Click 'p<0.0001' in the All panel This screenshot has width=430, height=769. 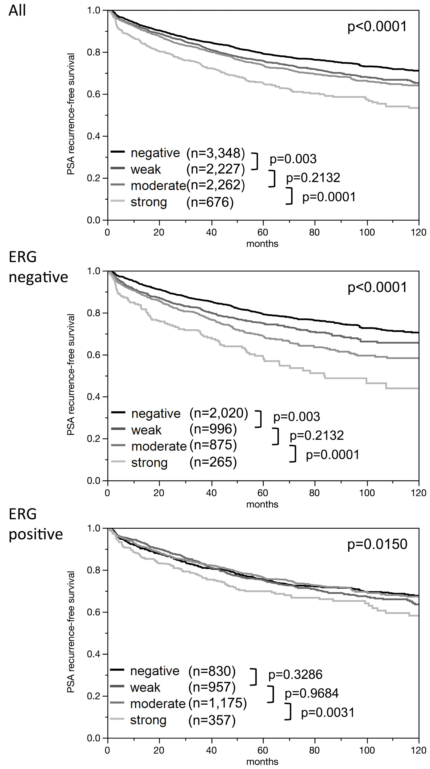pyautogui.click(x=377, y=27)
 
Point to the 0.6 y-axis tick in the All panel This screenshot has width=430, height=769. pyautogui.click(x=94, y=94)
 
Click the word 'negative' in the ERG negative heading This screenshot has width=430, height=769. pyautogui.click(x=38, y=277)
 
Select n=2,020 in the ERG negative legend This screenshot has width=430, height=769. pyautogui.click(x=219, y=413)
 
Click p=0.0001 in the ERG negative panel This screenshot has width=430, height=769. pyautogui.click(x=332, y=455)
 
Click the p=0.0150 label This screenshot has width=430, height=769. pyautogui.click(x=377, y=544)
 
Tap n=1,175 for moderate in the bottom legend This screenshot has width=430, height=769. pyautogui.click(x=217, y=703)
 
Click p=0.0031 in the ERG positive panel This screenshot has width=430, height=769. pyautogui.click(x=328, y=712)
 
